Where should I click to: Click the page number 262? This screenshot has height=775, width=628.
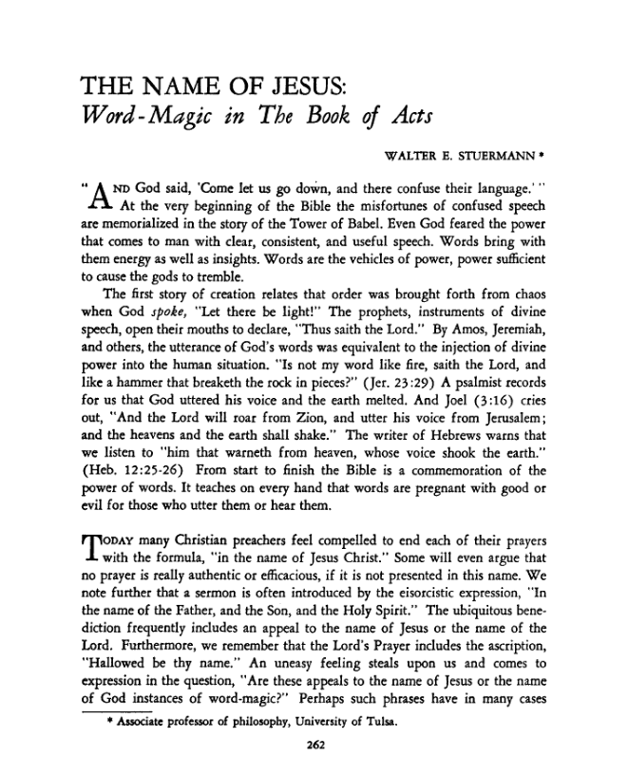(x=313, y=746)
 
